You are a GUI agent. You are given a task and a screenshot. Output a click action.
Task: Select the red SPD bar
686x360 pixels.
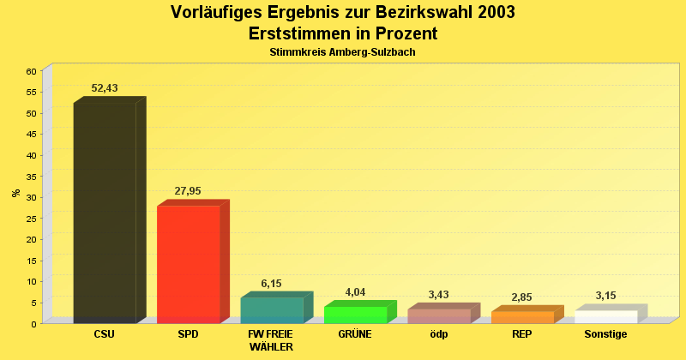pyautogui.click(x=189, y=264)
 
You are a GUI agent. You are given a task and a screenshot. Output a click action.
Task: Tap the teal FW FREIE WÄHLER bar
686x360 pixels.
pyautogui.click(x=272, y=309)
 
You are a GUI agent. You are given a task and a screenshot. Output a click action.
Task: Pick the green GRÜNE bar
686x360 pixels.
pyautogui.click(x=356, y=315)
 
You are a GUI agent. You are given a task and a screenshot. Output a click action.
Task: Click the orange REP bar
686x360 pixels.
pyautogui.click(x=523, y=317)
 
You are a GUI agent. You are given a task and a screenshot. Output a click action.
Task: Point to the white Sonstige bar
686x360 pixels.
pyautogui.click(x=606, y=316)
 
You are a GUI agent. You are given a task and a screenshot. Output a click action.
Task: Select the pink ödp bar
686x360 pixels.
pyautogui.click(x=439, y=315)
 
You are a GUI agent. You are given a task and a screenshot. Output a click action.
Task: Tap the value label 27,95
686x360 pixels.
pyautogui.click(x=188, y=191)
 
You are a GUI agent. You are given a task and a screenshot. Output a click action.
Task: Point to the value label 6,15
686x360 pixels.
pyautogui.click(x=271, y=284)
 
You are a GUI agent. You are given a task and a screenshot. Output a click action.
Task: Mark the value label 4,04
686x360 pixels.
pyautogui.click(x=355, y=292)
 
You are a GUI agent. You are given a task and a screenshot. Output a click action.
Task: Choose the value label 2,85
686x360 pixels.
pyautogui.click(x=521, y=297)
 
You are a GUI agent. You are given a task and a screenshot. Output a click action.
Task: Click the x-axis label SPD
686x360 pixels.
pyautogui.click(x=188, y=334)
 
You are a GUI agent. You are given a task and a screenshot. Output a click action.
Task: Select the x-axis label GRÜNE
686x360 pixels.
pyautogui.click(x=355, y=334)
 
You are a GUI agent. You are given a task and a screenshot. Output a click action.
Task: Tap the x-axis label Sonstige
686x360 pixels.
pyautogui.click(x=605, y=334)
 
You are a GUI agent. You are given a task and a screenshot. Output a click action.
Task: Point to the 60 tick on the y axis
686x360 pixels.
pyautogui.click(x=31, y=71)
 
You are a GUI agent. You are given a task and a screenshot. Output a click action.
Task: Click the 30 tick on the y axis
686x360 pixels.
pyautogui.click(x=31, y=197)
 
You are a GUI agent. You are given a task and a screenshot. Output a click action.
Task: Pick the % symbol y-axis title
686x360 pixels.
pyautogui.click(x=15, y=193)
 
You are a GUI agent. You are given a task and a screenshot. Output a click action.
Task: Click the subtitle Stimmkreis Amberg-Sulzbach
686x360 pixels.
pyautogui.click(x=342, y=52)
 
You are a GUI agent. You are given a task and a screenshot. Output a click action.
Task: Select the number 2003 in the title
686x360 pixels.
pyautogui.click(x=491, y=13)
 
